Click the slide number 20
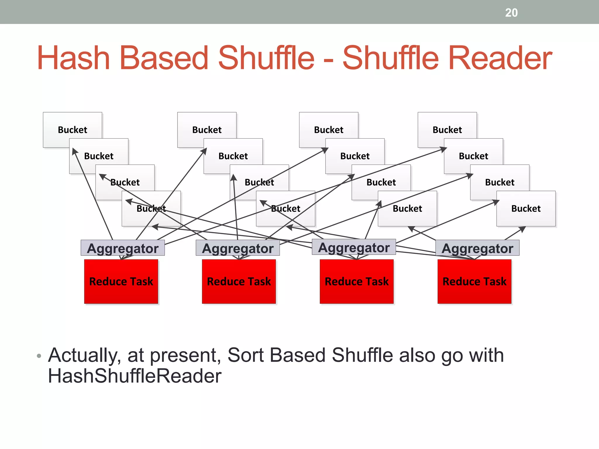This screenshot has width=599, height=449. (x=511, y=13)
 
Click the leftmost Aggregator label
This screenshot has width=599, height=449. (x=123, y=248)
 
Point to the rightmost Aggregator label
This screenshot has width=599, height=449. (x=477, y=248)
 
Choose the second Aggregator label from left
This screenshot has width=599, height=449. (x=237, y=248)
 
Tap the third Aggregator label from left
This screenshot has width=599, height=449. (x=354, y=247)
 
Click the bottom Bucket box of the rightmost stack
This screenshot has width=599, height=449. (x=526, y=208)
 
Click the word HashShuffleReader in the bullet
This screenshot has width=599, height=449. (x=135, y=376)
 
